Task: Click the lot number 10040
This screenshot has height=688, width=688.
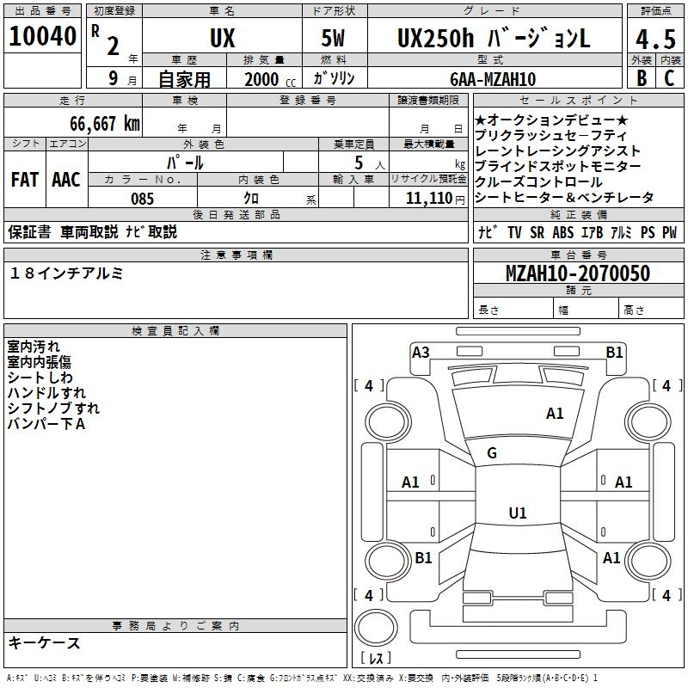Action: pyautogui.click(x=42, y=38)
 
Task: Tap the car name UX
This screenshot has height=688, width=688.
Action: pyautogui.click(x=222, y=39)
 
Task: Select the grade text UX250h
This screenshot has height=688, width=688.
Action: pyautogui.click(x=434, y=39)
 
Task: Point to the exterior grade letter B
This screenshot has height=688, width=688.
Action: pyautogui.click(x=641, y=78)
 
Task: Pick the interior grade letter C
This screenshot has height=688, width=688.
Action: pyautogui.click(x=669, y=78)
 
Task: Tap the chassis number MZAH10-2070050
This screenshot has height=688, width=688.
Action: pyautogui.click(x=578, y=273)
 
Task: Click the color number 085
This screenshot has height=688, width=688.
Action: pyautogui.click(x=142, y=199)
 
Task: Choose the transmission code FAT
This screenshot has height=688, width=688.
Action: pyautogui.click(x=25, y=180)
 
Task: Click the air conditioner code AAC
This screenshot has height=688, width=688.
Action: pyautogui.click(x=66, y=180)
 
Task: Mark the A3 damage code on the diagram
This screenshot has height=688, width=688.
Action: pyautogui.click(x=421, y=352)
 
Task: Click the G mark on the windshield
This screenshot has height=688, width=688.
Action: pyautogui.click(x=492, y=453)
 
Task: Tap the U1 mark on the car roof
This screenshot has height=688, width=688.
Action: pyautogui.click(x=517, y=513)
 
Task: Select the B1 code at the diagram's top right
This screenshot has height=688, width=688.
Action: pyautogui.click(x=614, y=352)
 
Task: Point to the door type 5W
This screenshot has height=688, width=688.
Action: pyautogui.click(x=335, y=39)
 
